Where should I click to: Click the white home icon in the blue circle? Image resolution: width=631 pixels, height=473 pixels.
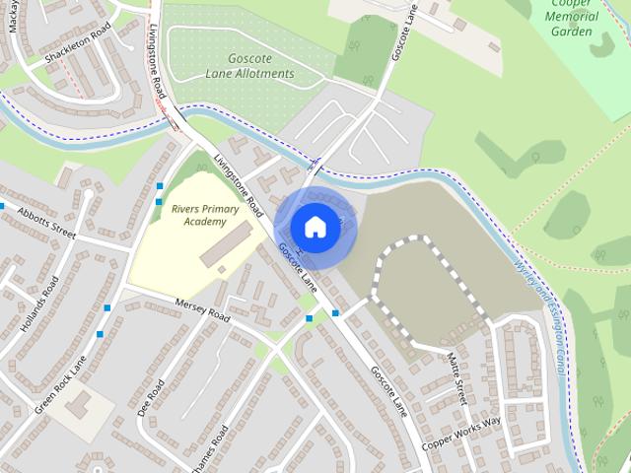[x=315, y=227]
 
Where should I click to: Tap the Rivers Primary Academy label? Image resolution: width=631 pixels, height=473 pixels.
[x=198, y=216]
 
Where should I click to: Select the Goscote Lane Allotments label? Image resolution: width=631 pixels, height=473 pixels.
[x=248, y=66]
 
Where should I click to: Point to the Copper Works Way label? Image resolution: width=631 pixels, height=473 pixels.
[x=461, y=434]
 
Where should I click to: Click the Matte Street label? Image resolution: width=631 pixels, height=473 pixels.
[x=455, y=377]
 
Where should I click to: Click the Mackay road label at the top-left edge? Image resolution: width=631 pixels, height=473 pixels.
[x=13, y=15]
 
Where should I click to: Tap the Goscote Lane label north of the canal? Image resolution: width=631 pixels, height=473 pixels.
[x=405, y=33]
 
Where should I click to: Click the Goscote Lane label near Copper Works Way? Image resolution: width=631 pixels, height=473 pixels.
[x=387, y=390]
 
